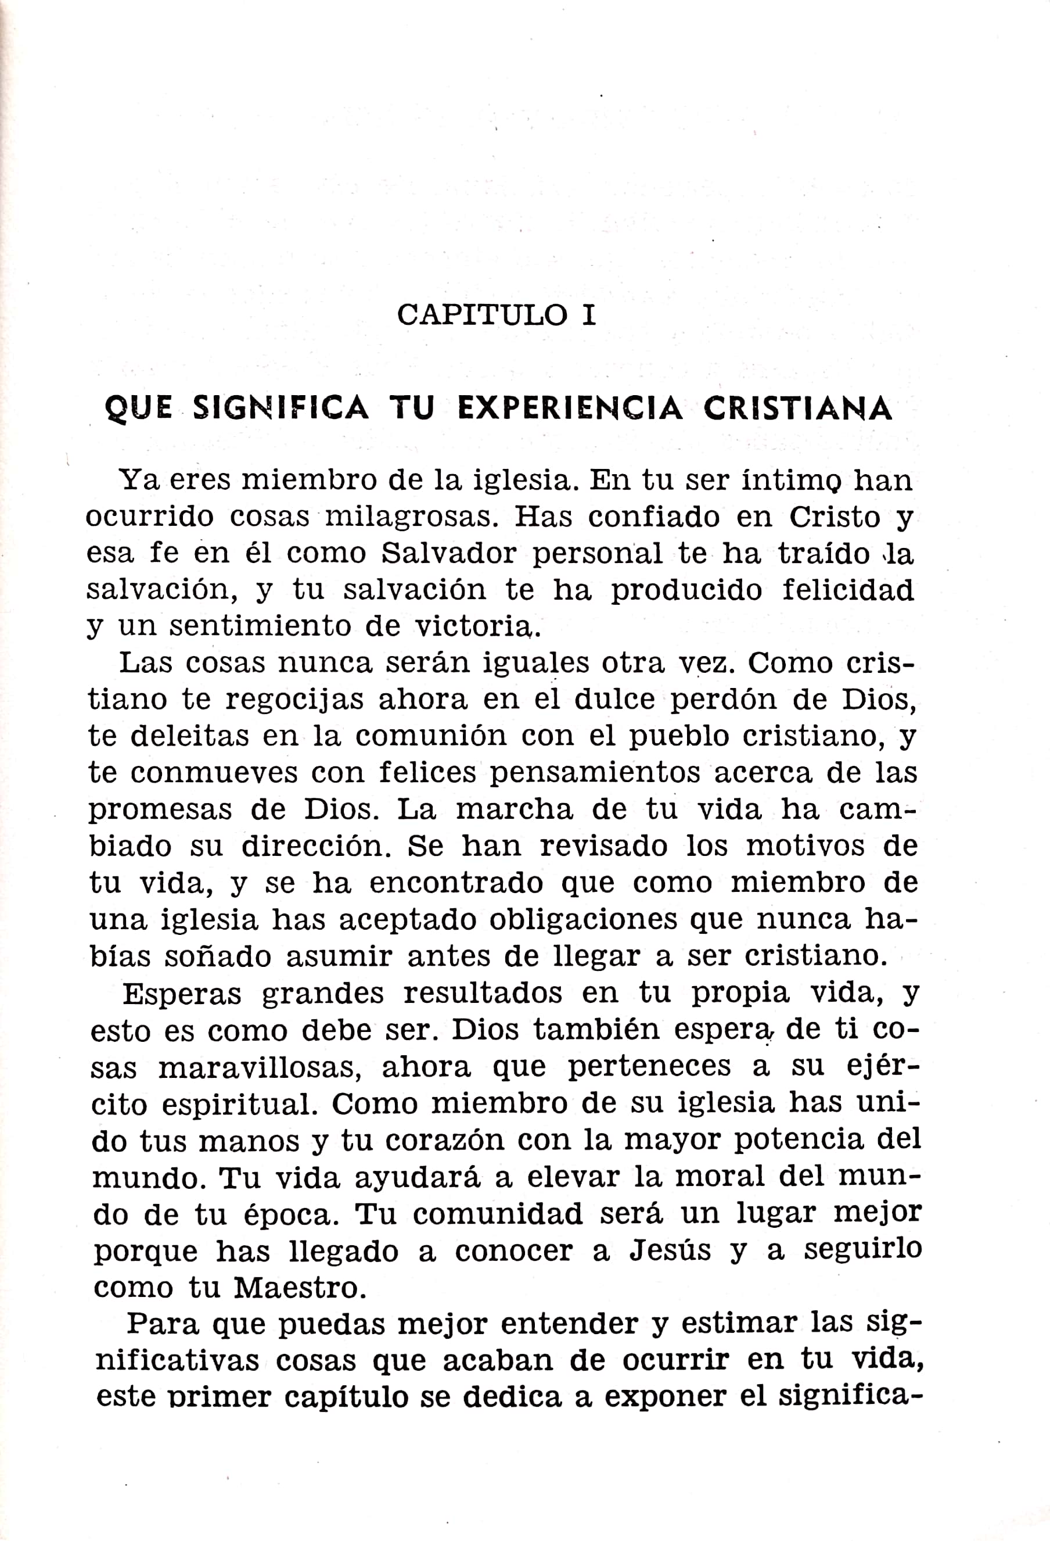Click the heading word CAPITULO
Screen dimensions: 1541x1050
click(x=482, y=315)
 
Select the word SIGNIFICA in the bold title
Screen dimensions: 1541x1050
click(x=281, y=408)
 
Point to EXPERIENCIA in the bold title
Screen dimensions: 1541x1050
click(x=569, y=408)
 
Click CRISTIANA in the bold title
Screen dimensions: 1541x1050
click(x=797, y=408)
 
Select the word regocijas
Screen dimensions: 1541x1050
click(x=294, y=700)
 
